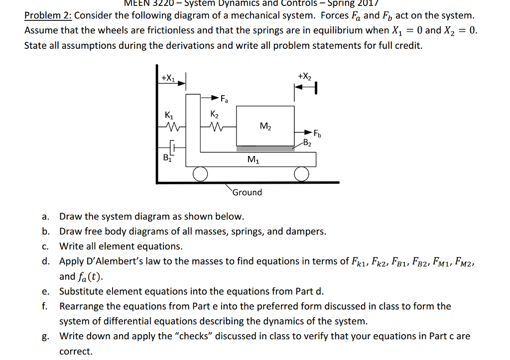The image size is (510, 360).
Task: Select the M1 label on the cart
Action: click(253, 160)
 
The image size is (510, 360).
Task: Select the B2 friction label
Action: click(308, 144)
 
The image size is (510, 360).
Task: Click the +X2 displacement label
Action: click(304, 76)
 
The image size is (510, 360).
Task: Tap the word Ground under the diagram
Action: click(248, 192)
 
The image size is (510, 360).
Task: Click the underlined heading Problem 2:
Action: click(48, 15)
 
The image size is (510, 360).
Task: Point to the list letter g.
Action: click(45, 336)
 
